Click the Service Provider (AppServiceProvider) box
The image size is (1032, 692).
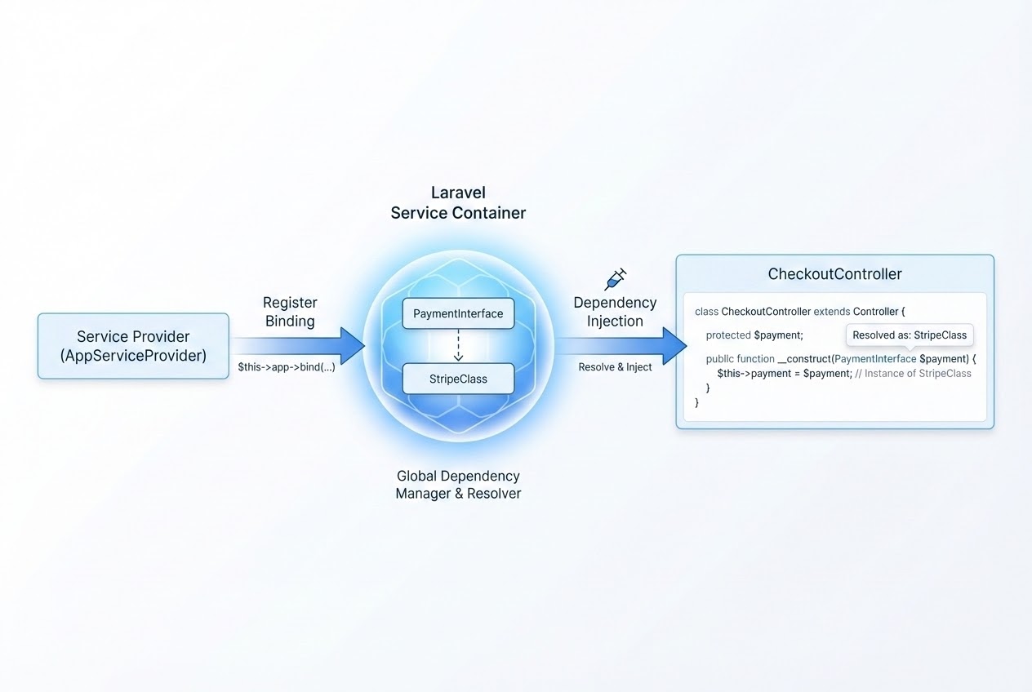pyautogui.click(x=133, y=346)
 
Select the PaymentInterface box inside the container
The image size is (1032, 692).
pyautogui.click(x=458, y=313)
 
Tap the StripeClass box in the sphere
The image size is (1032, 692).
pyautogui.click(x=458, y=379)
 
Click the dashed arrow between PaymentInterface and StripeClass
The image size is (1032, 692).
pyautogui.click(x=458, y=345)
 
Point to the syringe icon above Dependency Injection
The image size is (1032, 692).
pyautogui.click(x=615, y=279)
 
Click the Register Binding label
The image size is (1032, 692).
pyautogui.click(x=290, y=312)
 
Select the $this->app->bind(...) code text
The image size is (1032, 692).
pyautogui.click(x=286, y=367)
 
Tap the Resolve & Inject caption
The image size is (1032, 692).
pyautogui.click(x=615, y=367)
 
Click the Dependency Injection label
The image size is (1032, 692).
pyautogui.click(x=615, y=312)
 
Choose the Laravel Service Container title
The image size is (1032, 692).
pyautogui.click(x=458, y=202)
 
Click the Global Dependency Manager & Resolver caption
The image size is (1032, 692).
pyautogui.click(x=458, y=485)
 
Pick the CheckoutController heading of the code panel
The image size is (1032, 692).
pyautogui.click(x=834, y=274)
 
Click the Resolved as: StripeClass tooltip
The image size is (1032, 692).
pyautogui.click(x=910, y=335)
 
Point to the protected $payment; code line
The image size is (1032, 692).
pyautogui.click(x=754, y=335)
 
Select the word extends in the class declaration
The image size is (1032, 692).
pyautogui.click(x=832, y=312)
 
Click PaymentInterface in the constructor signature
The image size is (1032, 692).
pyautogui.click(x=875, y=359)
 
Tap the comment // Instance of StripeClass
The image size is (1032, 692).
pyautogui.click(x=913, y=374)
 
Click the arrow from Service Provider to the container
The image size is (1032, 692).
pyautogui.click(x=298, y=345)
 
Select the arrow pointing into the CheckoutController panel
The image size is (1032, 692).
pyautogui.click(x=621, y=345)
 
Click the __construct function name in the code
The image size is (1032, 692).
pyautogui.click(x=804, y=359)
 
